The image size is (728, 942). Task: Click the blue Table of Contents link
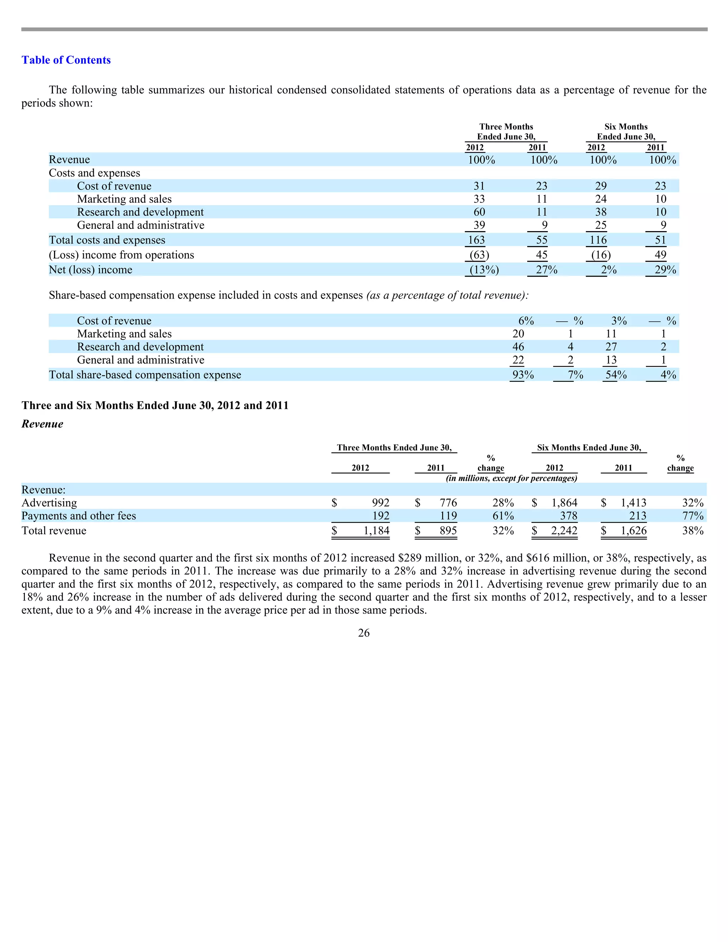point(66,60)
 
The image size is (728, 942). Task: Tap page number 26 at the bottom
point(364,633)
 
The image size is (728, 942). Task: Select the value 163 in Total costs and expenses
point(477,240)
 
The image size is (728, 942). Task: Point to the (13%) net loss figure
point(484,270)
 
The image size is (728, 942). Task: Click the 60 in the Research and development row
point(479,212)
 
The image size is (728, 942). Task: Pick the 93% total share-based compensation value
point(523,375)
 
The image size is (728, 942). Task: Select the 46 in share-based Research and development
point(518,347)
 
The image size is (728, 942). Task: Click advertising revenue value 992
point(380,503)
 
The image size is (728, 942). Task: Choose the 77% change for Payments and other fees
point(693,516)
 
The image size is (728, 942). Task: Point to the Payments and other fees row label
point(79,516)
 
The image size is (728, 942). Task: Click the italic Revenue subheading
point(42,424)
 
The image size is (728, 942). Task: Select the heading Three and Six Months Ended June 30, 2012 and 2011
point(155,406)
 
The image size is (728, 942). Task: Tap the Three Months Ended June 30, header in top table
point(506,132)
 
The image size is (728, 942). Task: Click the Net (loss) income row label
point(91,270)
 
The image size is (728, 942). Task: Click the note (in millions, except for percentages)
point(511,478)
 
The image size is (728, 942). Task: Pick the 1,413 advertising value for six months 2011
point(633,503)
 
